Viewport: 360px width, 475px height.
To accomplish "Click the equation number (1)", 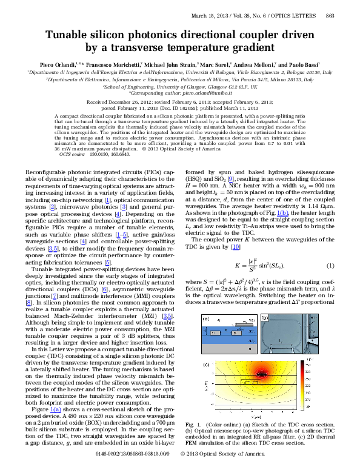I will click(330, 266).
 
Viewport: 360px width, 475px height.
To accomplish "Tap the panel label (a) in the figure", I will click(205, 318).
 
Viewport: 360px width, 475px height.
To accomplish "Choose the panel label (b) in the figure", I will click(264, 318).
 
